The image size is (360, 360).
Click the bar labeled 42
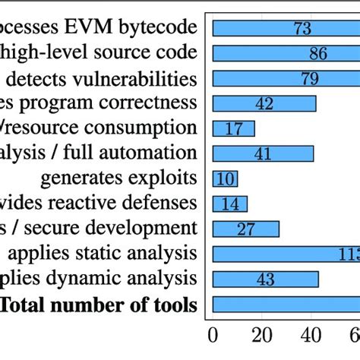click(x=264, y=103)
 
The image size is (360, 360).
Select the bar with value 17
click(x=233, y=128)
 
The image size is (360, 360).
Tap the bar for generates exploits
click(x=225, y=178)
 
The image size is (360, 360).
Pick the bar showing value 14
click(x=229, y=204)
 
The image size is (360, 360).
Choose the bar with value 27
click(x=245, y=229)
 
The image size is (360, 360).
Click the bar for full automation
click(x=263, y=153)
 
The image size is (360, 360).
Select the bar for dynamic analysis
click(x=265, y=279)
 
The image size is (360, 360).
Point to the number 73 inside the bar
click(x=303, y=29)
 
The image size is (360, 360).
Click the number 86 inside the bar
click(x=318, y=54)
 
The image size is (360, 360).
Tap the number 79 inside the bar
click(x=310, y=79)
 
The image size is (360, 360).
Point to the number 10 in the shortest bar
click(x=225, y=178)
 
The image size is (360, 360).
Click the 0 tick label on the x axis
click(x=213, y=335)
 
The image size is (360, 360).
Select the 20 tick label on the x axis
click(x=261, y=335)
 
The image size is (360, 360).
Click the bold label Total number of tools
click(x=98, y=306)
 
